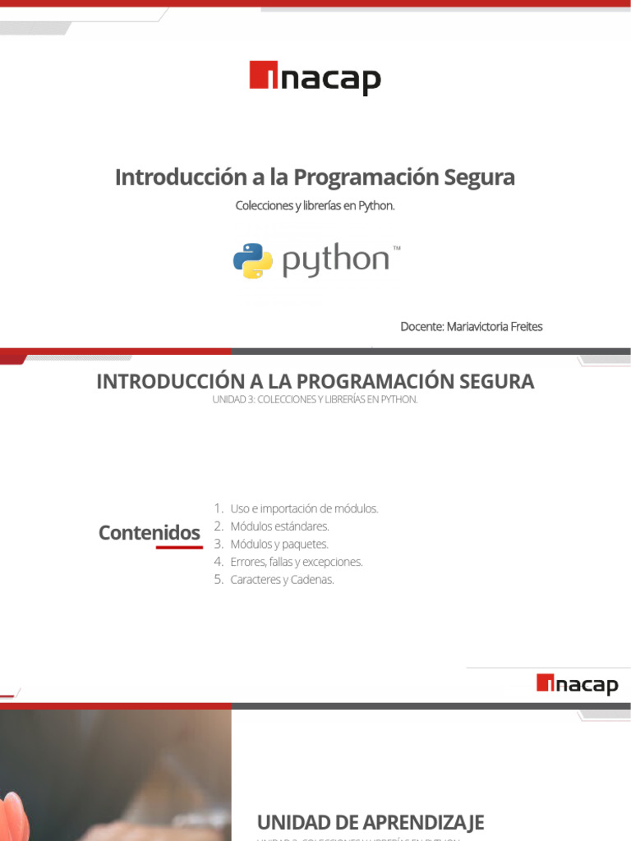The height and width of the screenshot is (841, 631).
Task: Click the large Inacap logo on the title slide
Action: click(315, 78)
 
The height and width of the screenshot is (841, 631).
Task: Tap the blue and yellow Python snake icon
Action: click(253, 261)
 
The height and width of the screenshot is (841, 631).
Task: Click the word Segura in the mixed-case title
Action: click(480, 177)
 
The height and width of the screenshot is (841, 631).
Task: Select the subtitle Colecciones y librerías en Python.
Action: click(315, 205)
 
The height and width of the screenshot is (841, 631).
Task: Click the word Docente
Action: click(421, 326)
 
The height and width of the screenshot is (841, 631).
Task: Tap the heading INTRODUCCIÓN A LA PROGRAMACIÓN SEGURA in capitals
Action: click(315, 381)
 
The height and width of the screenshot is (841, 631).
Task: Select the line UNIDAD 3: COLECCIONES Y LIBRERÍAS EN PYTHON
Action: click(315, 400)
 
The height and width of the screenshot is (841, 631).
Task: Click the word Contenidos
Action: click(149, 533)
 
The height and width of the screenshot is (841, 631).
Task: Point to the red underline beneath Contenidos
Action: click(178, 547)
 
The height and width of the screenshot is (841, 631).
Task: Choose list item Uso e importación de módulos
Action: click(304, 508)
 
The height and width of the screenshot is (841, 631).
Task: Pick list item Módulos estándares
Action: click(279, 526)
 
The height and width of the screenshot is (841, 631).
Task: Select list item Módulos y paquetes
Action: click(279, 545)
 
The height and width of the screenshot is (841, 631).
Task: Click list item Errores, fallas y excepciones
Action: click(296, 563)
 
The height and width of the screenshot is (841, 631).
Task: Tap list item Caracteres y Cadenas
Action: click(282, 580)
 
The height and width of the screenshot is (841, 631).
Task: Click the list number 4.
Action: click(219, 563)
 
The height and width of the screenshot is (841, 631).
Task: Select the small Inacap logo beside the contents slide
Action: click(577, 683)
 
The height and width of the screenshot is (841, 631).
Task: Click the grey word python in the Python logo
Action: click(335, 261)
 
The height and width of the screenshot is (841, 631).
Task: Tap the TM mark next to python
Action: click(397, 247)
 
